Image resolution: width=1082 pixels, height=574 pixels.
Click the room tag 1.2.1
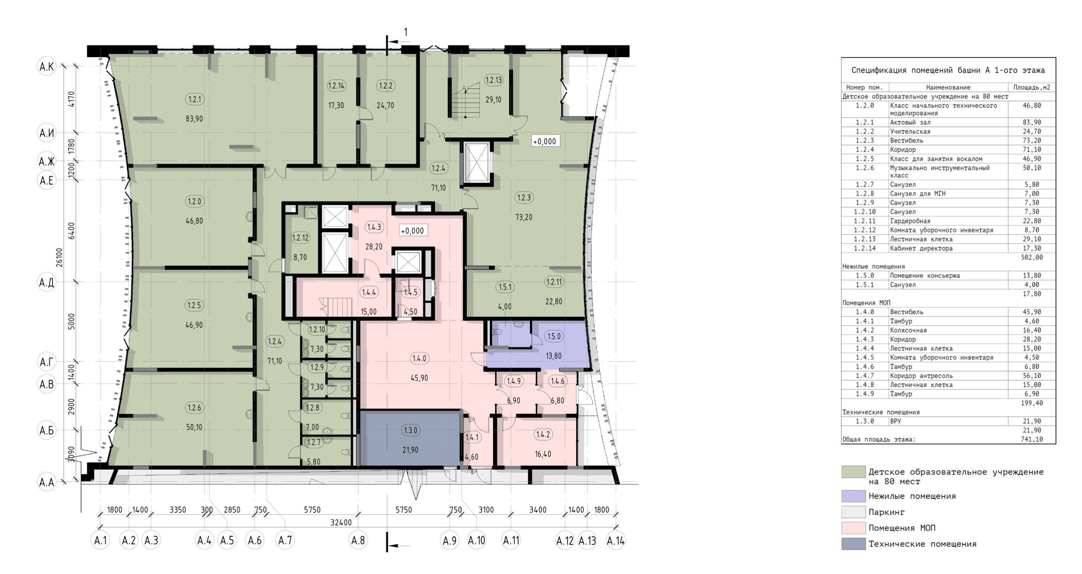pos(194,99)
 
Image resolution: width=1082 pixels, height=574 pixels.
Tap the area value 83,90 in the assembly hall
pos(194,119)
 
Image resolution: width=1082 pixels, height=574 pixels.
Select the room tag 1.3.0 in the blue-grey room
pos(410,430)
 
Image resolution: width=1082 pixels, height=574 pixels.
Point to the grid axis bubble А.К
pos(47,67)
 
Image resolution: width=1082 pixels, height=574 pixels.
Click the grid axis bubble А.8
pos(358,540)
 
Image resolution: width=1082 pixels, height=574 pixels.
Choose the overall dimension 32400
pos(341,522)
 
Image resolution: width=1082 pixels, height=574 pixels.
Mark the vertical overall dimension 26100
pos(59,257)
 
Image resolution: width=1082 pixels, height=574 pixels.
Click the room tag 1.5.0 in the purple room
pos(554,336)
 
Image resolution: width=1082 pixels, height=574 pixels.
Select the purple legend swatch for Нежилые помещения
pos(853,496)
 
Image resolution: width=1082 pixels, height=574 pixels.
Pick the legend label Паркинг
pos(886,512)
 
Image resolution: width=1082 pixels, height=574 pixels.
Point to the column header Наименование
pos(948,87)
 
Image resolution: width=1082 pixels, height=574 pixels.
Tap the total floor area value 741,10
pos(1032,439)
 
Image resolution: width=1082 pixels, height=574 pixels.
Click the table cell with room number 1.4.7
pos(865,376)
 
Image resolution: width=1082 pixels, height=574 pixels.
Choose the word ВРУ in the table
pos(895,421)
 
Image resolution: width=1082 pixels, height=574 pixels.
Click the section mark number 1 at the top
pos(406,32)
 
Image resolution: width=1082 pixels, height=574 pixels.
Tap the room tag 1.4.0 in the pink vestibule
pos(419,358)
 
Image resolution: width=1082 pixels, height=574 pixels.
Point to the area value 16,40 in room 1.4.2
pos(543,454)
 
